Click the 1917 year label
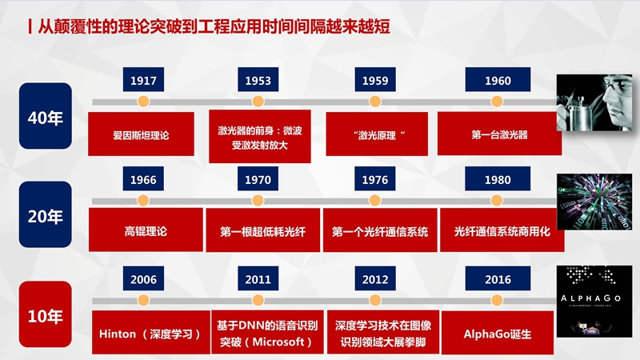pos(143,79)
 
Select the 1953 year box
pos(258,79)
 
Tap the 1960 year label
pos(498,79)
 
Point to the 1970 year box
pos(258,178)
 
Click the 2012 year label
pos(375,278)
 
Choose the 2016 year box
pos(498,278)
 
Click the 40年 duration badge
pos(46,116)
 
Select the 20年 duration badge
pos(46,214)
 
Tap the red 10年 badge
pos(46,314)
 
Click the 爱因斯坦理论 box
pos(142,134)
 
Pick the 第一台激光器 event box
pos(499,134)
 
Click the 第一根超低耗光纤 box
pos(263,230)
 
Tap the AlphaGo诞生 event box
pos(498,333)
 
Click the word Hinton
pos(117,334)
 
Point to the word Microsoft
pos(278,342)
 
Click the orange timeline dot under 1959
pos(375,102)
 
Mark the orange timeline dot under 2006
pos(143,301)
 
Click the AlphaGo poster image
pos(594,302)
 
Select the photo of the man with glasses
pos(594,103)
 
